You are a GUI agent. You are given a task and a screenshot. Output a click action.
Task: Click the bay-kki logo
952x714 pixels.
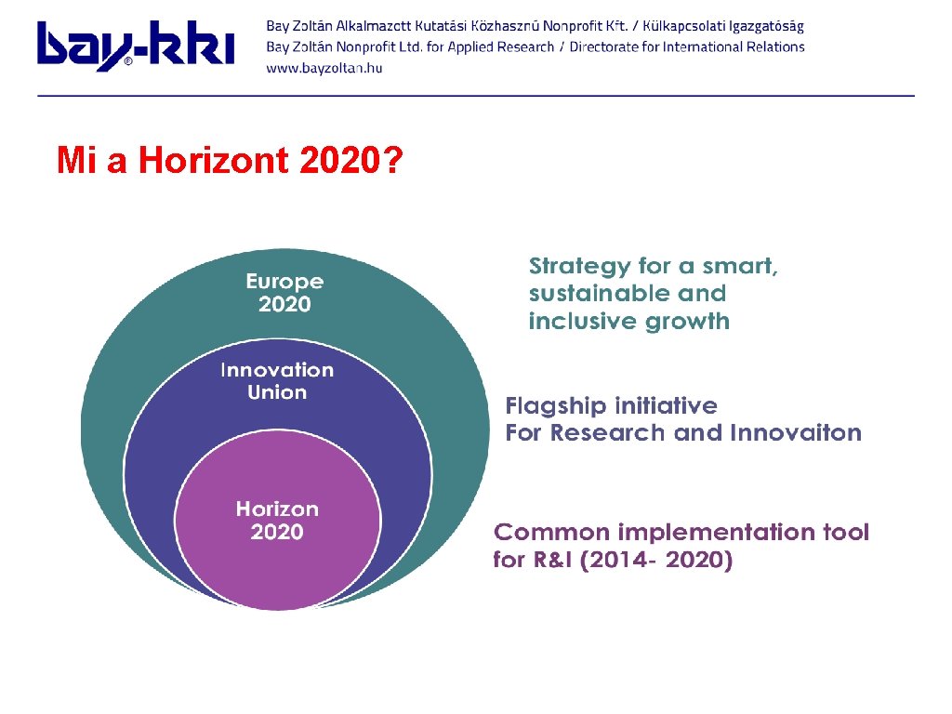point(135,46)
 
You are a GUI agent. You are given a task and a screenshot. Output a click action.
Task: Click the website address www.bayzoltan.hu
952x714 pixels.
point(324,68)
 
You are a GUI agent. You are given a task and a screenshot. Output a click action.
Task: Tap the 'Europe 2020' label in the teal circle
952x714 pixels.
point(284,293)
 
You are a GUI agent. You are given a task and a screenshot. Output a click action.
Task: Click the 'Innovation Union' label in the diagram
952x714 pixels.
point(277,381)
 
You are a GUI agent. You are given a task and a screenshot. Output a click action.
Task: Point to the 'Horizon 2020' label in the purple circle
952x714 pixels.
point(277,521)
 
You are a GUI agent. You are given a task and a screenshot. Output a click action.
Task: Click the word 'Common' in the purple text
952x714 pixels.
point(541,533)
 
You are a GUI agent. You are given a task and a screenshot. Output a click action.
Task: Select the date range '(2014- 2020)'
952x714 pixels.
point(656,561)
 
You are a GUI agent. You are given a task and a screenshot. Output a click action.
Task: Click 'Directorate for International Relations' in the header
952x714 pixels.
point(687,46)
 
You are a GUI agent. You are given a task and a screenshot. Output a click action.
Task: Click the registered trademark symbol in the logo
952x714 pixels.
point(128,62)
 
